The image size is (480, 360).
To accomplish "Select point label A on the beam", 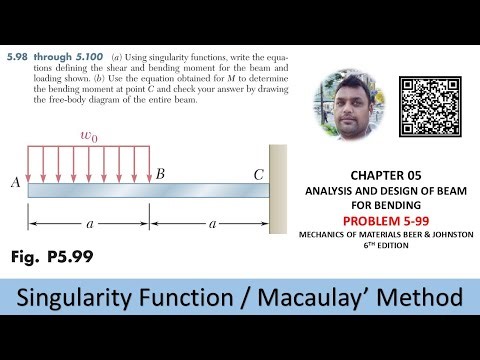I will [16, 181].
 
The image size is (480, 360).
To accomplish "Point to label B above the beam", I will [160, 174].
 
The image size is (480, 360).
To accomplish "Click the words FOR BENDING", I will [385, 201].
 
